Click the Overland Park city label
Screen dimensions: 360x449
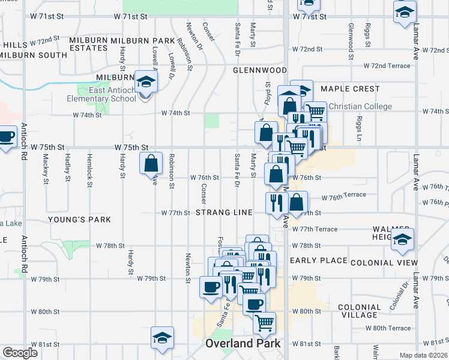(243, 344)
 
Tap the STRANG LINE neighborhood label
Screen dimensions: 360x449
(223, 213)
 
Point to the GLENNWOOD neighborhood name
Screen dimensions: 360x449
(260, 70)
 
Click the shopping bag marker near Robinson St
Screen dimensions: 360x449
(151, 163)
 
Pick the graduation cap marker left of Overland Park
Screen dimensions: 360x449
(162, 338)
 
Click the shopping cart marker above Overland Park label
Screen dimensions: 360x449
(264, 323)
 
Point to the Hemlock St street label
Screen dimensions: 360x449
(89, 167)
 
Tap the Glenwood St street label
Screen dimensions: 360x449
(351, 35)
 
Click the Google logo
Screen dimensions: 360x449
(20, 353)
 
